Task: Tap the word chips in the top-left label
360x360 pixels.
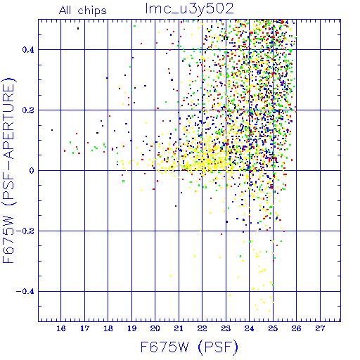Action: [92, 11]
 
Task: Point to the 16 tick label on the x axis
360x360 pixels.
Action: [61, 328]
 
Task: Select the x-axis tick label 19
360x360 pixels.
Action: [131, 328]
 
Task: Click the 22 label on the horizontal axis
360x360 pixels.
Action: [202, 328]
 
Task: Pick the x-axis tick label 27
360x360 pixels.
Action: [320, 328]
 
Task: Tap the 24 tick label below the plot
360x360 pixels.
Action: [249, 328]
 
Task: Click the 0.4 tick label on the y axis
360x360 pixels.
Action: [28, 50]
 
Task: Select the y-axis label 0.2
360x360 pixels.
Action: [28, 110]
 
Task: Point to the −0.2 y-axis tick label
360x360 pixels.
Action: [25, 231]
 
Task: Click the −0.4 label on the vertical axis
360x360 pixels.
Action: [25, 292]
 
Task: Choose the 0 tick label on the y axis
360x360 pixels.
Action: [32, 171]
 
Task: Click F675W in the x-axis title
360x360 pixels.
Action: [165, 347]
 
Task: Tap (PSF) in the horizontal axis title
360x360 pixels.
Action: [218, 347]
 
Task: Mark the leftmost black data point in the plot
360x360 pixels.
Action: [52, 130]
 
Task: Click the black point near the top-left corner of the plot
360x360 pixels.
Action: [78, 29]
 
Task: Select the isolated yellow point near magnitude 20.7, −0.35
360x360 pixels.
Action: [171, 276]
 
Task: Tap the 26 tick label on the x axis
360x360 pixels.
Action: [296, 328]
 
